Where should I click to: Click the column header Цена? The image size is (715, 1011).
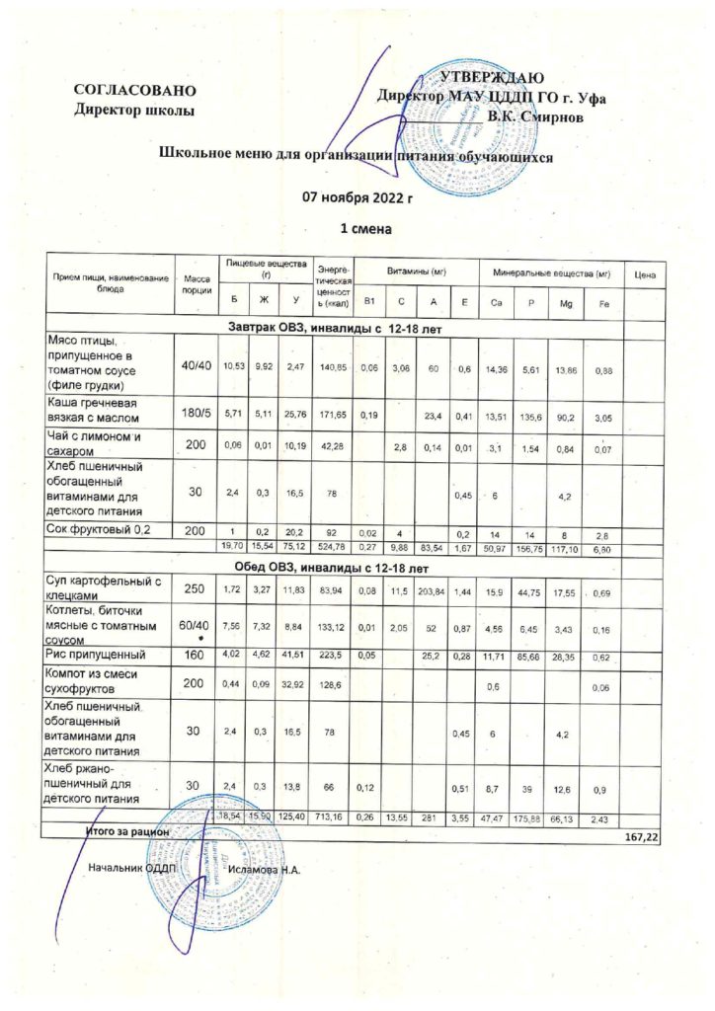645,272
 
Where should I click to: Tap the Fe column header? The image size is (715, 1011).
602,301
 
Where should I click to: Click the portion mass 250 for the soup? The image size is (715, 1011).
194,588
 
